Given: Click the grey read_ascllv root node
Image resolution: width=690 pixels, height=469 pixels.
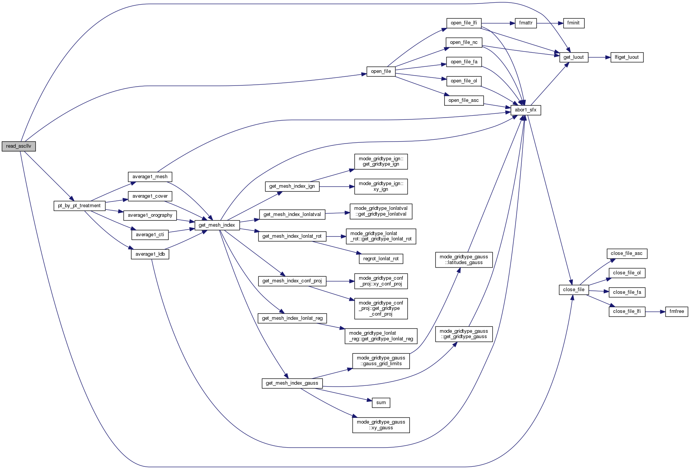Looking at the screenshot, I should click(x=18, y=146).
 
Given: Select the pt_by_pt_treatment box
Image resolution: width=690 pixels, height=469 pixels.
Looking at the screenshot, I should click(x=79, y=206).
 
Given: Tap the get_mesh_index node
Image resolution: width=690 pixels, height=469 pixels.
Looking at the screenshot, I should click(x=217, y=225).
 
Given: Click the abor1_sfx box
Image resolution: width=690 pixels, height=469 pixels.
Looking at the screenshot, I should click(x=526, y=110).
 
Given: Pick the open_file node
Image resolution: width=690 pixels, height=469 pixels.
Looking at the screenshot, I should click(x=381, y=71).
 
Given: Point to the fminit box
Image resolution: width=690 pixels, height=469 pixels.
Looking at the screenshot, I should click(x=573, y=23).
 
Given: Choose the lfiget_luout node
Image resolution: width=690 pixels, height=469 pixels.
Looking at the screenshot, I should click(x=627, y=57).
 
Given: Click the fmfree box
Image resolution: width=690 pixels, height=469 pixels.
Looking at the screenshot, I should click(x=677, y=311).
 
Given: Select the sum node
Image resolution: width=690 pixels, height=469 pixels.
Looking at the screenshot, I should click(x=381, y=403).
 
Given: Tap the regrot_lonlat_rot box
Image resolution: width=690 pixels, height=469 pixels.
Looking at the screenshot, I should click(x=381, y=259).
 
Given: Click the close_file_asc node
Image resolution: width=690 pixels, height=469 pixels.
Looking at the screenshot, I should click(x=627, y=253).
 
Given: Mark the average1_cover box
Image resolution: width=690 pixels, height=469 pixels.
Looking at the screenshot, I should click(x=150, y=196).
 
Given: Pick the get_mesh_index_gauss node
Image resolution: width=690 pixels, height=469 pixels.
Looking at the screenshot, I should click(x=292, y=383).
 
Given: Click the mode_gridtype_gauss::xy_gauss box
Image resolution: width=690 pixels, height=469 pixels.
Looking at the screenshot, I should click(x=381, y=425).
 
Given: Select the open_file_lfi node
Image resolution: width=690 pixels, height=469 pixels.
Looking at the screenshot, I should click(x=464, y=23).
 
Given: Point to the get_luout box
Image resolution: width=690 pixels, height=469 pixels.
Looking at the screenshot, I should click(x=574, y=57).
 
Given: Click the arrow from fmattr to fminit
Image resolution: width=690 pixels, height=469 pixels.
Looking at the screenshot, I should click(x=550, y=23).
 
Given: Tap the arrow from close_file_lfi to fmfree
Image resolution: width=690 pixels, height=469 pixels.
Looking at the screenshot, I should click(x=655, y=312).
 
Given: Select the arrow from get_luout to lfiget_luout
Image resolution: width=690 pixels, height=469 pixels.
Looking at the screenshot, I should click(x=599, y=57).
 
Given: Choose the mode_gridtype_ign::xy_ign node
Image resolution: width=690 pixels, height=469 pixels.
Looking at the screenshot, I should click(x=381, y=186).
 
